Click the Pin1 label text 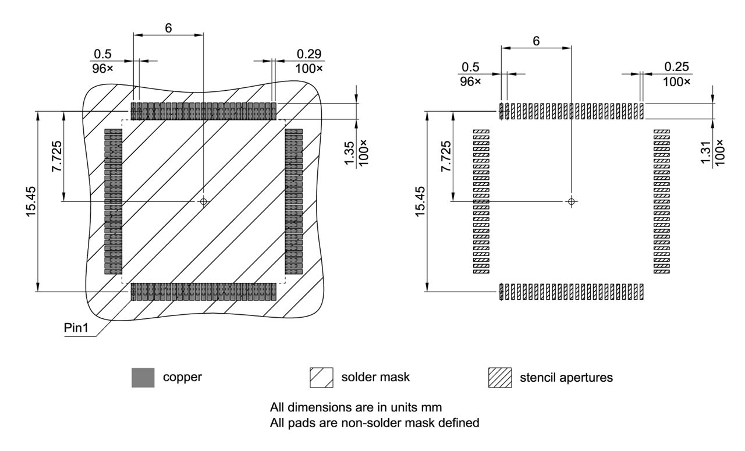76,328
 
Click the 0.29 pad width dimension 309,54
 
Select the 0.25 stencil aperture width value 676,67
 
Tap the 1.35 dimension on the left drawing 349,153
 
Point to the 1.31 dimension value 705,152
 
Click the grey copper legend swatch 143,378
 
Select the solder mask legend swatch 321,378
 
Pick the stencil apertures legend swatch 500,378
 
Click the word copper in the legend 182,377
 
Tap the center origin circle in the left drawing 204,201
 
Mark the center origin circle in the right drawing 572,201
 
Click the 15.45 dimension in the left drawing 31,201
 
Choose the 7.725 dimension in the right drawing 446,157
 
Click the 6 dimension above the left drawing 168,29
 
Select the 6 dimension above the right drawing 536,41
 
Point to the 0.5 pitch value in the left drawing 102,54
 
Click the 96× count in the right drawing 470,81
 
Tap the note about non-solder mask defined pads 374,422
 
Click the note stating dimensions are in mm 356,407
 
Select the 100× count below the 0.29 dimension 309,69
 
